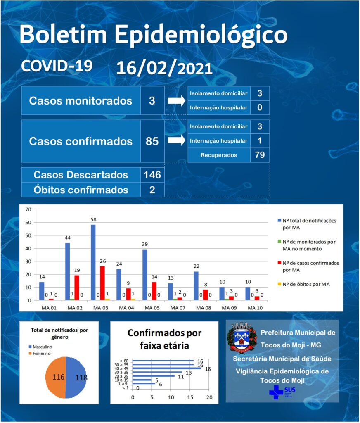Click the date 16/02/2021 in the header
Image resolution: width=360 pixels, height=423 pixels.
pyautogui.click(x=164, y=69)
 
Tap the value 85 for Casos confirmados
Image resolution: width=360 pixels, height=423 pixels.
pyautogui.click(x=152, y=141)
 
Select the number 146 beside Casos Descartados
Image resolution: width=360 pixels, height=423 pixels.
pyautogui.click(x=152, y=175)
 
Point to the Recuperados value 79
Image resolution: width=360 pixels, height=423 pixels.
pyautogui.click(x=259, y=155)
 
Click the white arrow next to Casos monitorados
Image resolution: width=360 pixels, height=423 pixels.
pyautogui.click(x=177, y=101)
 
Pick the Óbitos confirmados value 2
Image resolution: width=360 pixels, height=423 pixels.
pyautogui.click(x=152, y=190)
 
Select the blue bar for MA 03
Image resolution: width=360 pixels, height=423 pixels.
pyautogui.click(x=93, y=262)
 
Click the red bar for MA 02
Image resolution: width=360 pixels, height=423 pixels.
pyautogui.click(x=77, y=288)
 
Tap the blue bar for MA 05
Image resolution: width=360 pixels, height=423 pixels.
pyautogui.click(x=145, y=275)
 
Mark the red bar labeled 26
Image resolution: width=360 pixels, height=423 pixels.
pyautogui.click(x=102, y=283)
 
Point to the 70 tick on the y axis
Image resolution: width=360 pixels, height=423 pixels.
pyautogui.click(x=28, y=209)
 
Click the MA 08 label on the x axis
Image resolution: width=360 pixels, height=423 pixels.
pyautogui.click(x=204, y=308)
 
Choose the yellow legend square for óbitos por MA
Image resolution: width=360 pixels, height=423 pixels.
pyautogui.click(x=279, y=284)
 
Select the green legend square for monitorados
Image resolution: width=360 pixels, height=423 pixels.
pyautogui.click(x=279, y=242)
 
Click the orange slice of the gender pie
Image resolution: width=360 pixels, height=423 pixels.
pyautogui.click(x=56, y=378)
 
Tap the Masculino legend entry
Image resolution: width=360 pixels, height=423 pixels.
pyautogui.click(x=40, y=347)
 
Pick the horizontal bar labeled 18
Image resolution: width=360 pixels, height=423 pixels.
pyautogui.click(x=167, y=368)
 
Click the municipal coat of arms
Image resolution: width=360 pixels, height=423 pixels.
pyautogui.click(x=242, y=337)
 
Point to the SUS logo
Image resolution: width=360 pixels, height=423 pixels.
pyautogui.click(x=282, y=392)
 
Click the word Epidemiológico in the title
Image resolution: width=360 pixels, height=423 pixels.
pyautogui.click(x=201, y=35)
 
